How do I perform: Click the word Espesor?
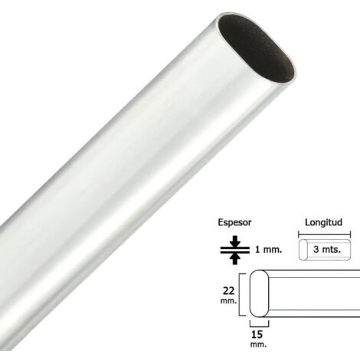234,223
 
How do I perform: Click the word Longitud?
323,222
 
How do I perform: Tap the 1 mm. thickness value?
269,250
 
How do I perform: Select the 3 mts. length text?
327,249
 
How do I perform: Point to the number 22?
229,291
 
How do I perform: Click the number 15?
257,334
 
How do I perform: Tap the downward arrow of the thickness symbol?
235,241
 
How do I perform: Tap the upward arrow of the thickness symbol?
235,259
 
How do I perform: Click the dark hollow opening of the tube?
256,48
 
